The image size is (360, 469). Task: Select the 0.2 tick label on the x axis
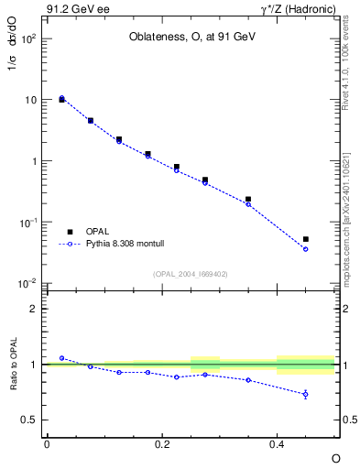coord(162,443)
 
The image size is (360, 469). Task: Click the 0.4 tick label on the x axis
coord(277,443)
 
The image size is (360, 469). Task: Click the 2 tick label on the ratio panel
coord(33,309)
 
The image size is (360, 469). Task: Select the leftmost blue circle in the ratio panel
coord(61,358)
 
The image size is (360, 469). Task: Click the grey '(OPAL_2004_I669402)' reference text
coord(190,274)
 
